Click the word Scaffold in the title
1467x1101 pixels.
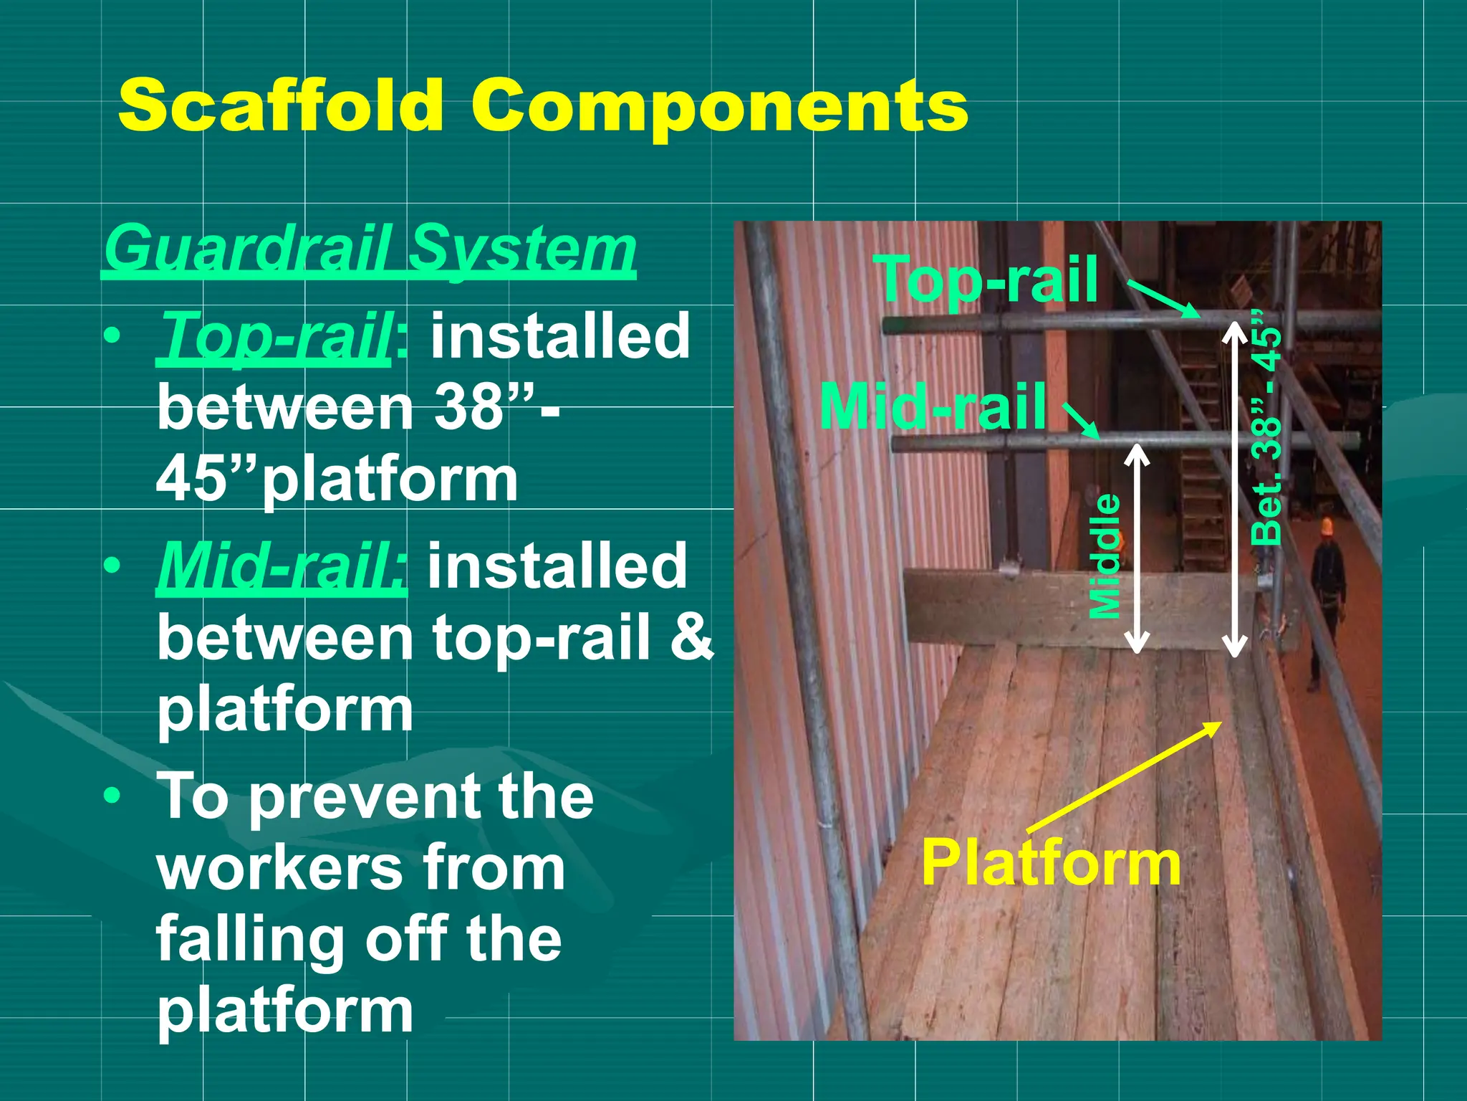click(281, 105)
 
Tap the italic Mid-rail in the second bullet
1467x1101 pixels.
click(282, 566)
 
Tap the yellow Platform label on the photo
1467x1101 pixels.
click(1050, 863)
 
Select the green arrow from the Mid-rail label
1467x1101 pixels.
click(1082, 421)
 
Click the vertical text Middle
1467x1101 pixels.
click(1105, 556)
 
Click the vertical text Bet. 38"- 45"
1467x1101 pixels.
click(1266, 427)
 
